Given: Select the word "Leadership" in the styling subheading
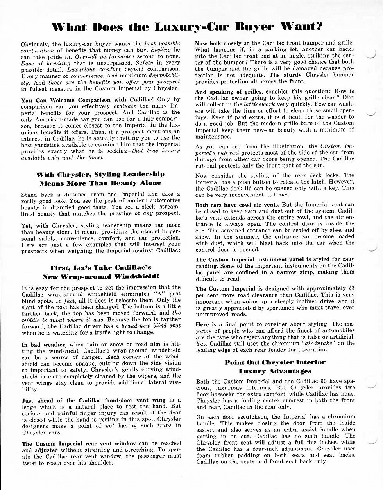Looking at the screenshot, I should (144, 174).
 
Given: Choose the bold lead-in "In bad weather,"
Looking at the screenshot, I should (43, 344).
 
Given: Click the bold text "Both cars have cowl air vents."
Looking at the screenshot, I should (237, 205).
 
